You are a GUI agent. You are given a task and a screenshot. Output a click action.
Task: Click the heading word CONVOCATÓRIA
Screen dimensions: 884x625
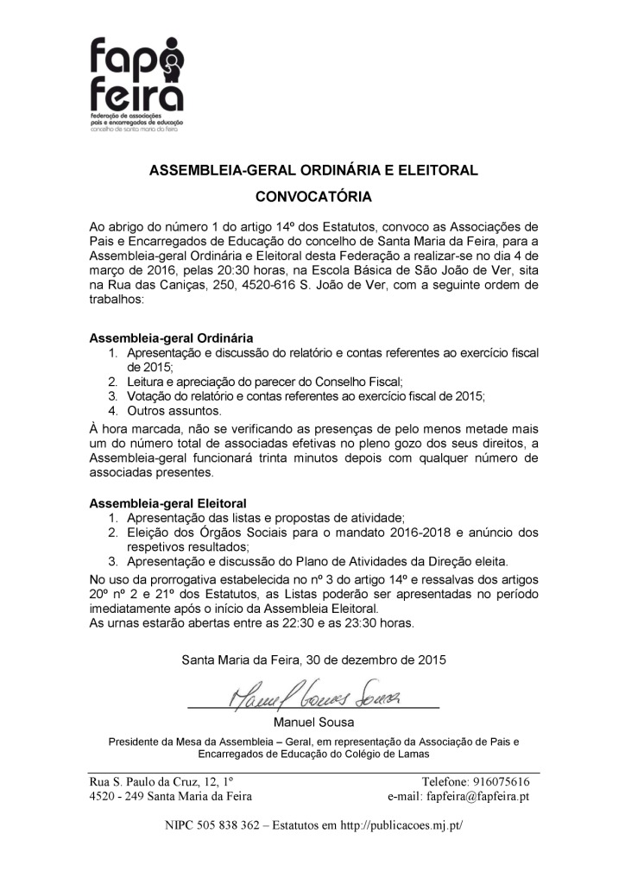click(x=313, y=196)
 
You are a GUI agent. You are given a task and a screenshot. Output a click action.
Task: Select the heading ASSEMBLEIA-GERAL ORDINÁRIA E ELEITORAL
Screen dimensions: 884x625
click(x=313, y=170)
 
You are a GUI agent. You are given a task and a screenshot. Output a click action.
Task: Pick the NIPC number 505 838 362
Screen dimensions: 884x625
click(x=223, y=826)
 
